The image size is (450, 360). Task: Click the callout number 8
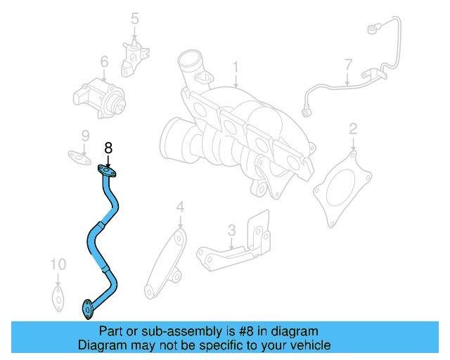tap(108, 148)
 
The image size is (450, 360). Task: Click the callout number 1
tap(236, 67)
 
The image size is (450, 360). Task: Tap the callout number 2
tap(353, 128)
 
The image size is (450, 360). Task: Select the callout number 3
tap(231, 230)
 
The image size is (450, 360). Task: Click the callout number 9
tap(84, 135)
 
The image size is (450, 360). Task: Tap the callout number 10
tap(58, 264)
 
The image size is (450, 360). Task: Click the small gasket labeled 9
tap(79, 156)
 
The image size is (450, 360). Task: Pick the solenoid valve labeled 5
tap(134, 55)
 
